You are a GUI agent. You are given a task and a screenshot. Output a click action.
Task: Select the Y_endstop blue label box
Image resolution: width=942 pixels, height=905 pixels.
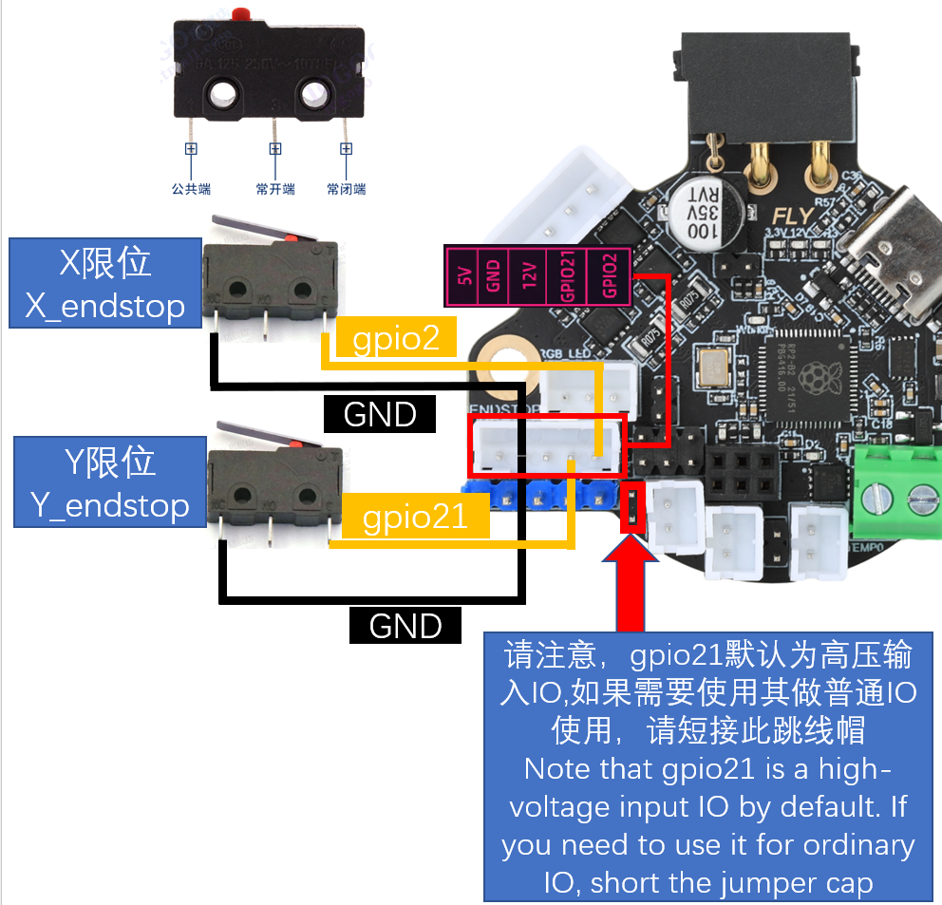pos(109,482)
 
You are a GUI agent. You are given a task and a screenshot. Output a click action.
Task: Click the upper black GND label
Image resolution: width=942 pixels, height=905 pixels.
pos(380,414)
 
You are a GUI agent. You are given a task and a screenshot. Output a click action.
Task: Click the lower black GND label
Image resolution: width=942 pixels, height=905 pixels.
pos(405,626)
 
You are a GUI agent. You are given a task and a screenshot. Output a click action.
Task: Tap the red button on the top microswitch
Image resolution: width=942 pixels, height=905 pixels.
pos(238,14)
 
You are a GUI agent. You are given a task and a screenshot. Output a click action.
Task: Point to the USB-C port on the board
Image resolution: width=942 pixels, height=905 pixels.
pos(888,252)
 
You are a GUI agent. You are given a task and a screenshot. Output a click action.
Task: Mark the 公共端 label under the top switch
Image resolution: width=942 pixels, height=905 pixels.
pos(191,189)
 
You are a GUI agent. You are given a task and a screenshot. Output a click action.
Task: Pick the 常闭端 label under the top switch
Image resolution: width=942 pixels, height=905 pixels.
pos(347,189)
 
